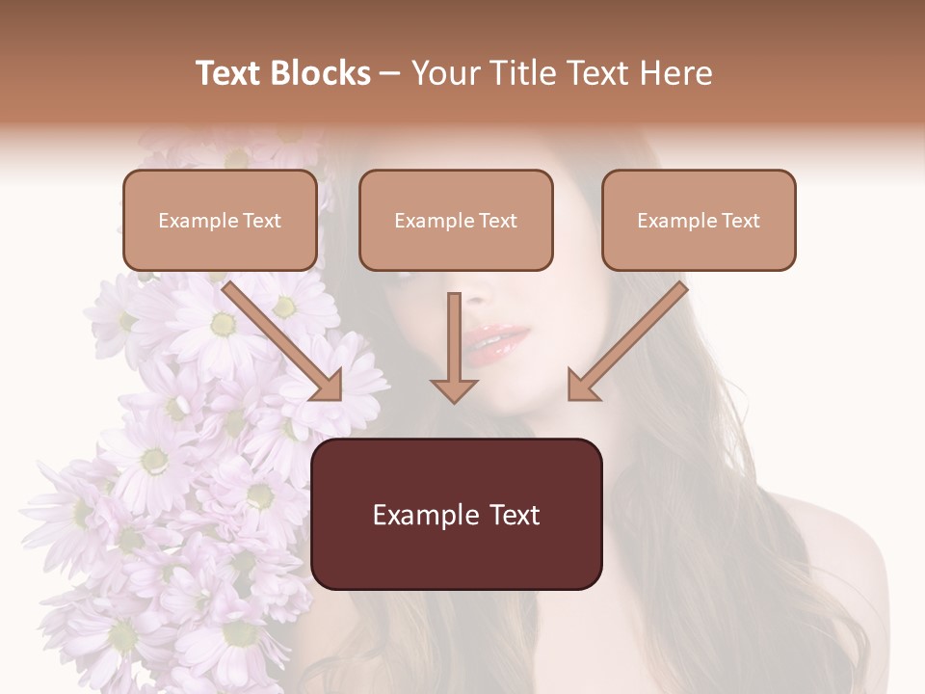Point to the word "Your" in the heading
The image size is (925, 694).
pyautogui.click(x=444, y=73)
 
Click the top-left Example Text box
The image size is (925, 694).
pyautogui.click(x=220, y=220)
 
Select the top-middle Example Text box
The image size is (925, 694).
pyautogui.click(x=456, y=220)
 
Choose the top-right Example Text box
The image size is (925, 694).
pyautogui.click(x=699, y=220)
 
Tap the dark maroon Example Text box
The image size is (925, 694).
pyautogui.click(x=456, y=514)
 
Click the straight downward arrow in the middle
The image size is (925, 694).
pyautogui.click(x=454, y=347)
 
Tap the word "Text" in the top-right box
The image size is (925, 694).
pyautogui.click(x=740, y=221)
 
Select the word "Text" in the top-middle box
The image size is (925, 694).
pyautogui.click(x=497, y=221)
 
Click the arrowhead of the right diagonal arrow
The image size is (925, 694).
pyautogui.click(x=584, y=385)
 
